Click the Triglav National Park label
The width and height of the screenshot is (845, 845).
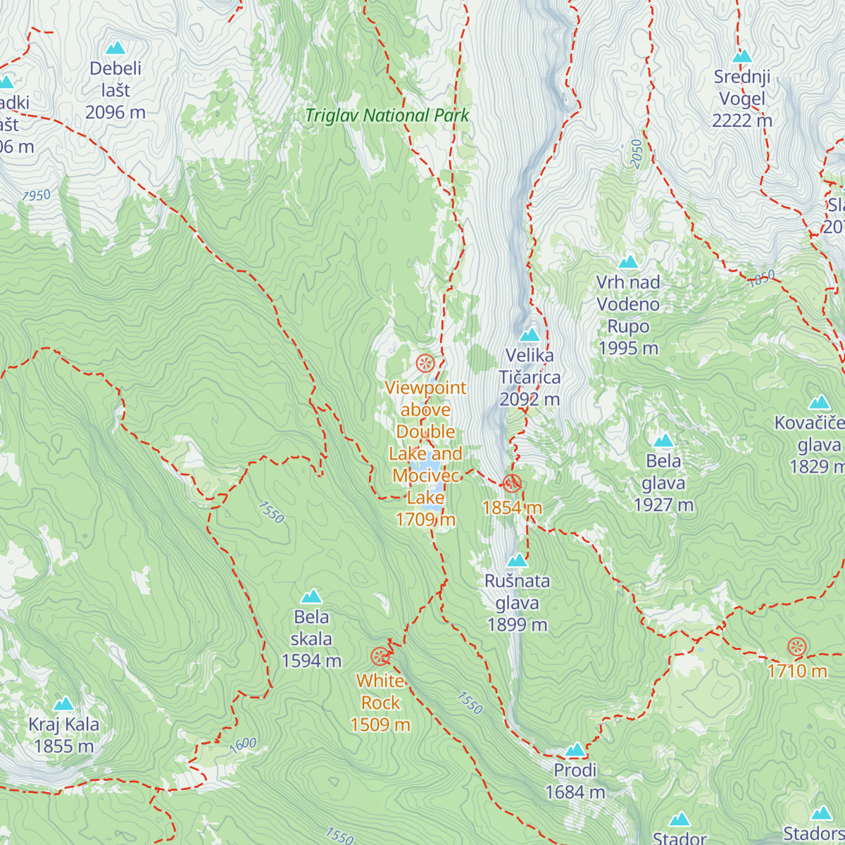coord(387,115)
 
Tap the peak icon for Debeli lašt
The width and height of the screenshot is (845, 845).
coord(115,48)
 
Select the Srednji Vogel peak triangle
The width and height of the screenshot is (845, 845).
coord(742,56)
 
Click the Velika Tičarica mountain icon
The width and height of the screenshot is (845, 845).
coord(530,334)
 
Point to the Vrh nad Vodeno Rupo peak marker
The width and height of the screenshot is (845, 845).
coord(628,262)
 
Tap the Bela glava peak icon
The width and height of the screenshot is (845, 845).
coord(663,441)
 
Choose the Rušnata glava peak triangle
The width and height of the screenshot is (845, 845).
coord(518,561)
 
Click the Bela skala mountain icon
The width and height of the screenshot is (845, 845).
coord(311,596)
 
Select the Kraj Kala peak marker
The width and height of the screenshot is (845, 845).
coord(64,703)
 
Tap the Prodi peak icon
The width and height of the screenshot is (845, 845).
coord(575,749)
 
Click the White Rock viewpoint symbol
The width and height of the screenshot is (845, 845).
coord(380,657)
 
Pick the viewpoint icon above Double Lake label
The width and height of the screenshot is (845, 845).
coord(425,363)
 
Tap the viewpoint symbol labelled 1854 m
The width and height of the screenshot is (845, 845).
coord(512,483)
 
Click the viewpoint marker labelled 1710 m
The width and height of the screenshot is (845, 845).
coord(797,646)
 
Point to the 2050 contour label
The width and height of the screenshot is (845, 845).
coord(637,154)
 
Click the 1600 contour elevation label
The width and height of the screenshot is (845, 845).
coord(243,745)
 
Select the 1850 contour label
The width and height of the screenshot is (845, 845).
coord(762,278)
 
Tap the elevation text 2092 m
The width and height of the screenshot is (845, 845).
coord(530,399)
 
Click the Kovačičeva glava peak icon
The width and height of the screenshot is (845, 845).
coord(819,403)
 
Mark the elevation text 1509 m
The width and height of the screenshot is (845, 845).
coord(380,725)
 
